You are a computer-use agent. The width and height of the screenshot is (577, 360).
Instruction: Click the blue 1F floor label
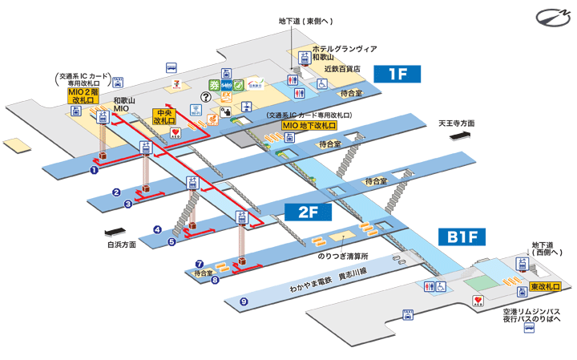(x=398, y=75)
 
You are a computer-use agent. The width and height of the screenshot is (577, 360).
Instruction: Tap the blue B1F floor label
(x=462, y=237)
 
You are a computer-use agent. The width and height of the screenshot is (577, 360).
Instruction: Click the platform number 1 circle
(x=94, y=169)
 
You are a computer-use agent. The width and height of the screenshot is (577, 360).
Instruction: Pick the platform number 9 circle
(x=244, y=301)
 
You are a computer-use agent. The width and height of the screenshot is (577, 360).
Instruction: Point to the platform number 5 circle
(x=171, y=241)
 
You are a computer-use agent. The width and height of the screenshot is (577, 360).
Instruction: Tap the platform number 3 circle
(x=128, y=204)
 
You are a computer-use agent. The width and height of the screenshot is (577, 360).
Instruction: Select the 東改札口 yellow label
(x=544, y=287)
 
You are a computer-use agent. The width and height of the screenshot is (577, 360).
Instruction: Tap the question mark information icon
(x=206, y=97)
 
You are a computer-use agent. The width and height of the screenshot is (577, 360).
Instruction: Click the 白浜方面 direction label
(x=121, y=245)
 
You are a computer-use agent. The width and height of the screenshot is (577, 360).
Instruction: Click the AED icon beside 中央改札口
(x=176, y=132)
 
